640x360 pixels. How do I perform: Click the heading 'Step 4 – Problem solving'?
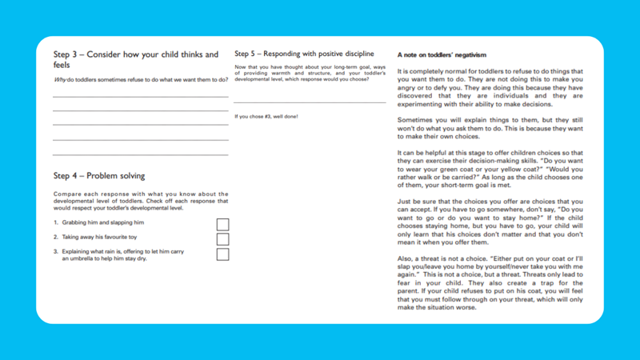(x=99, y=175)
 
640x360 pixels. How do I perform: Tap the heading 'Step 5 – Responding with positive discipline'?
(x=304, y=54)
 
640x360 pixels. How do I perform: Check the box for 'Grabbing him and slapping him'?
(x=222, y=224)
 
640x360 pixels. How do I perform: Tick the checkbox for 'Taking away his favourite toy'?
(x=222, y=238)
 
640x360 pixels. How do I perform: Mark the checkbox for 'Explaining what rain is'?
(x=222, y=254)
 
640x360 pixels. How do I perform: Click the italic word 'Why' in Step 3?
(x=60, y=80)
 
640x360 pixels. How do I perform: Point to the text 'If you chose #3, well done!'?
(x=266, y=117)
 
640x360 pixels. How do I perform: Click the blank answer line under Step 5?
(x=310, y=102)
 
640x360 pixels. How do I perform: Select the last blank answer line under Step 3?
(x=140, y=154)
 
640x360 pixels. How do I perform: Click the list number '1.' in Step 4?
(x=56, y=222)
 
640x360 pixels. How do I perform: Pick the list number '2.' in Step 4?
(x=56, y=237)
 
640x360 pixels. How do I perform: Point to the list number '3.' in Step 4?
(x=56, y=251)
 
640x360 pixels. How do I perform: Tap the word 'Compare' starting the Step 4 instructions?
(x=66, y=194)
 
